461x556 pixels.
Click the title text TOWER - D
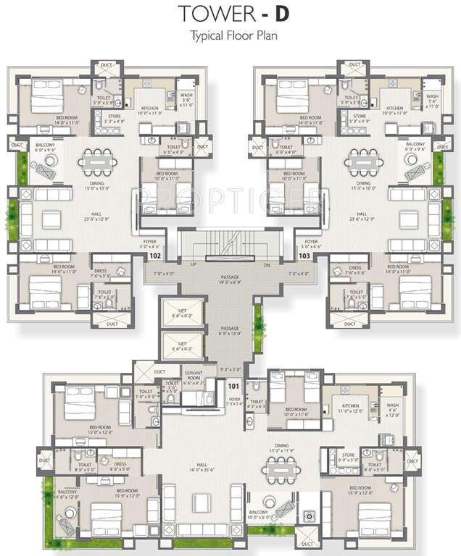(230, 14)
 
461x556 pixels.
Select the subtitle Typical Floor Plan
(230, 35)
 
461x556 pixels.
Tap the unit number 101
(233, 387)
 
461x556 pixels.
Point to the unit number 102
(154, 256)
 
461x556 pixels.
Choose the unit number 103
(304, 256)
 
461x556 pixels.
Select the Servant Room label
(194, 377)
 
